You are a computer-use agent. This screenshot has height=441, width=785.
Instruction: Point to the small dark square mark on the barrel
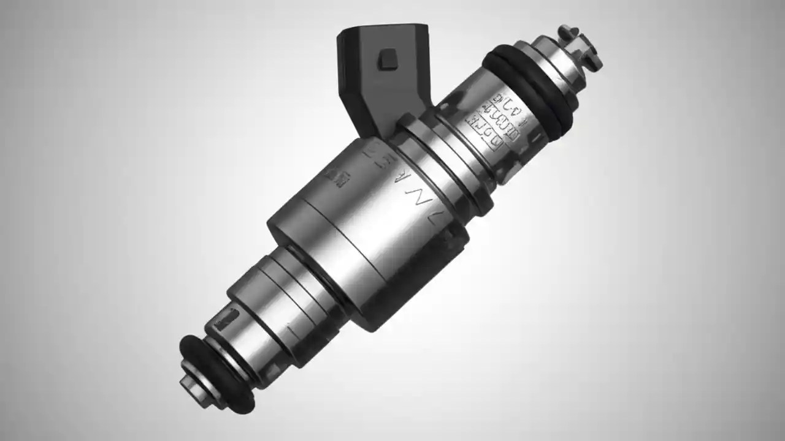click(337, 176)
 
